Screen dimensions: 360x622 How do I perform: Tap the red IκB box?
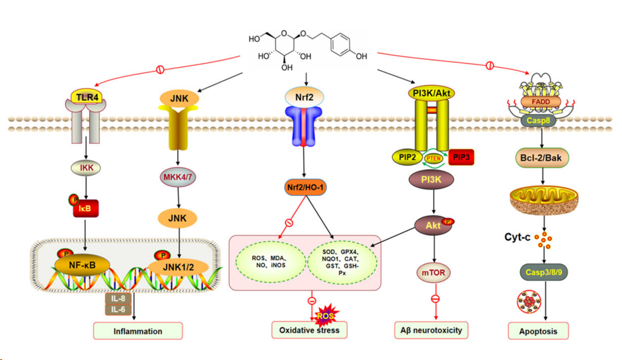(x=86, y=210)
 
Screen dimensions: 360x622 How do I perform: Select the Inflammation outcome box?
(x=138, y=331)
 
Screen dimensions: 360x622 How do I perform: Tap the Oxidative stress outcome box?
(x=310, y=330)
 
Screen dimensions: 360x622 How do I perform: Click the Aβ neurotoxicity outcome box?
(x=430, y=330)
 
